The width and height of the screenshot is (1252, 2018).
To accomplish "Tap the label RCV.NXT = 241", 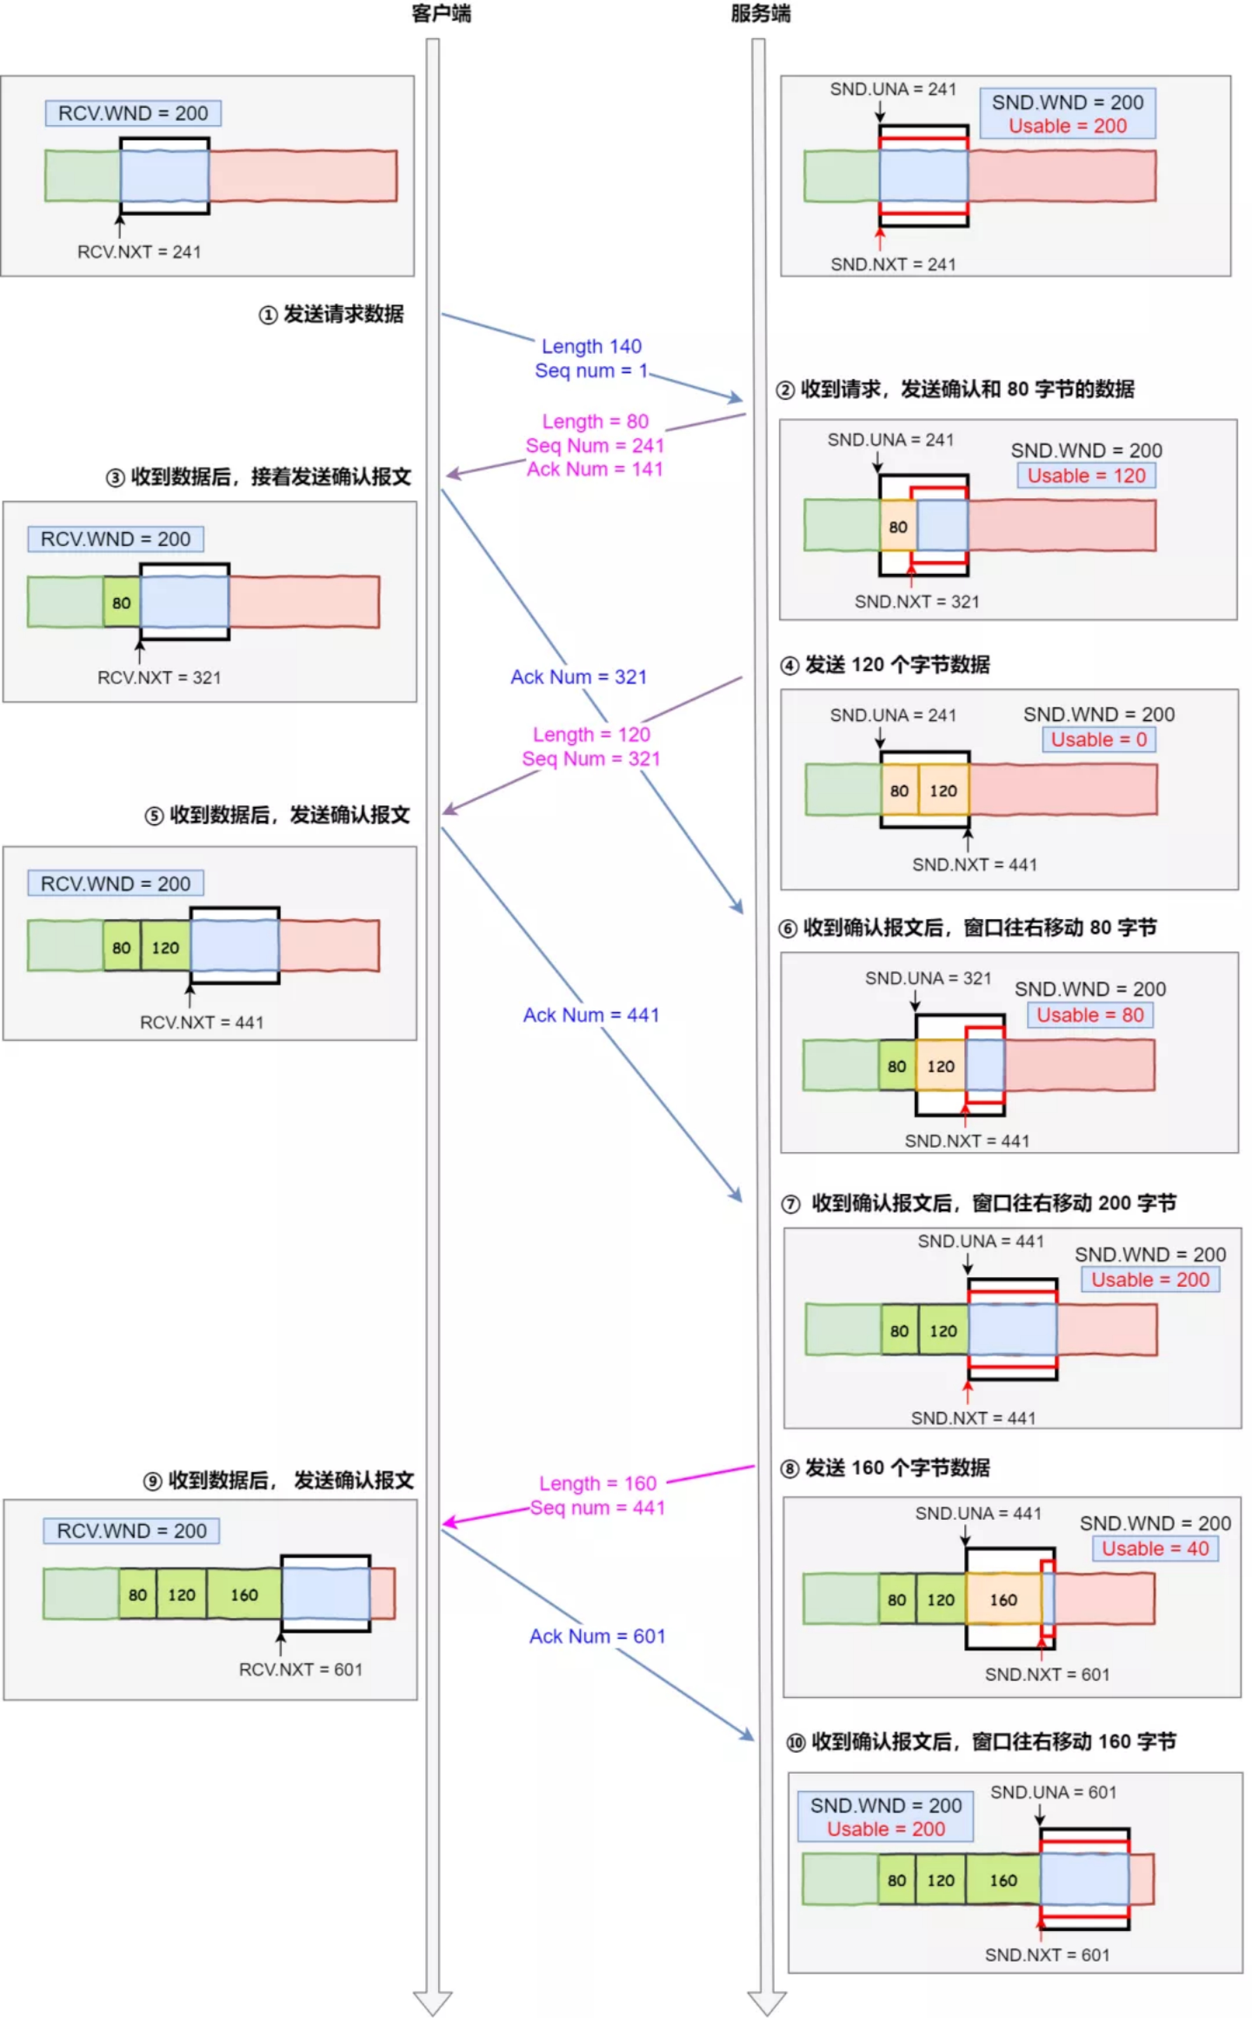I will [x=139, y=252].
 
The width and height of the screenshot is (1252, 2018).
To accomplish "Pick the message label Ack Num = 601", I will [x=597, y=1635].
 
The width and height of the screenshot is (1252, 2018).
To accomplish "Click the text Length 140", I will [x=591, y=346].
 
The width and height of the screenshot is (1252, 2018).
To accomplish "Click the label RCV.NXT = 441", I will [x=201, y=1022].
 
